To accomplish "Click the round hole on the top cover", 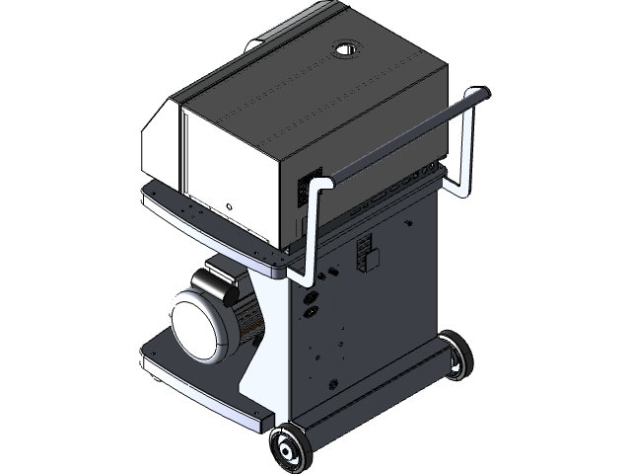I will click(x=348, y=47).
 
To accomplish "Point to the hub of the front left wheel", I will click(x=290, y=448).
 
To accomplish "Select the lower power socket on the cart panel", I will click(x=310, y=314).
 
